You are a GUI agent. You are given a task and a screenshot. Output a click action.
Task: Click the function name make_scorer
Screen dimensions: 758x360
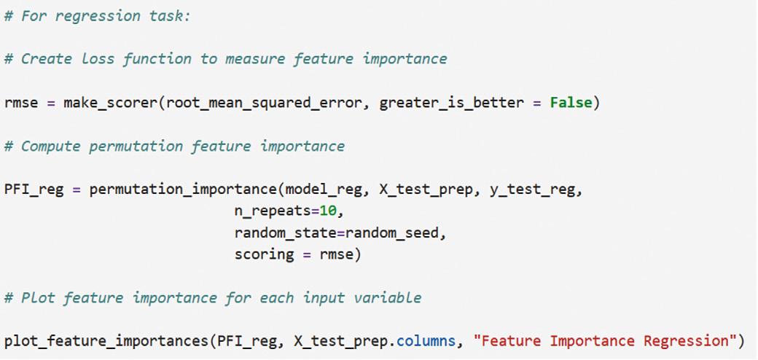pos(110,103)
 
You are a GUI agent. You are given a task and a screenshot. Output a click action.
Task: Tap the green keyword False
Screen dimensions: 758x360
pos(571,103)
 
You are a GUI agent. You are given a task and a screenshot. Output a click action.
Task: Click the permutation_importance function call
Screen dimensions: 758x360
pos(183,190)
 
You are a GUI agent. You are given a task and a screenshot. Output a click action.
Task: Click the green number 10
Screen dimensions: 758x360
pos(329,212)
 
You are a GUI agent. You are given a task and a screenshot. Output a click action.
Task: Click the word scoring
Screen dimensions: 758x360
pos(265,254)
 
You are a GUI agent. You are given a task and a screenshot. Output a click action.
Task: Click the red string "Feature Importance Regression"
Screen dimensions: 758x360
pos(605,341)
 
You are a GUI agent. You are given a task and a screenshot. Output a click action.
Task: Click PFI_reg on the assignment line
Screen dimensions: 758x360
pos(34,190)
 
